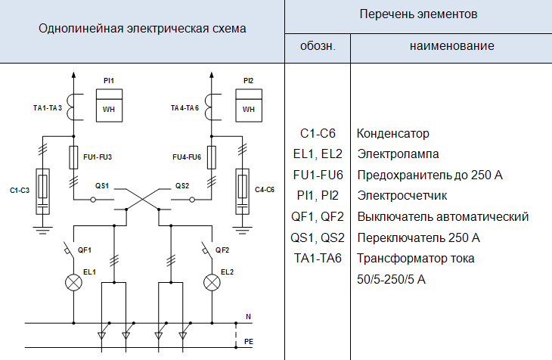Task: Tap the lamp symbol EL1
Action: [x=74, y=282]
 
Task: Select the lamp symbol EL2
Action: [x=212, y=282]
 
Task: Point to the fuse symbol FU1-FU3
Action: [x=73, y=157]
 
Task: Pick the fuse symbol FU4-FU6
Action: [x=212, y=157]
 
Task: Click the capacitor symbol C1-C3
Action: [x=43, y=186]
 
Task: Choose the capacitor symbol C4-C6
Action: [x=243, y=186]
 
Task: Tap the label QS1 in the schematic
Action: [x=103, y=185]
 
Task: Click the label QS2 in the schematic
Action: [x=182, y=185]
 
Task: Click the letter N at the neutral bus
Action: [x=248, y=315]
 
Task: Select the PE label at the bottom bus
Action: [x=249, y=342]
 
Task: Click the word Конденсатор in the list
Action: [x=393, y=134]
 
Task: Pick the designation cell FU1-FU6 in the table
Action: [x=318, y=175]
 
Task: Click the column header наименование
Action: [x=452, y=46]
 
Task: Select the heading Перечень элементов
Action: [x=418, y=14]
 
